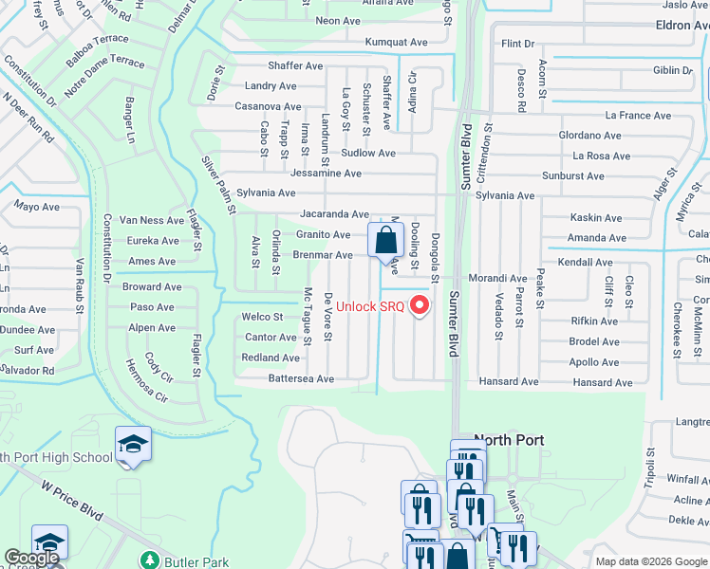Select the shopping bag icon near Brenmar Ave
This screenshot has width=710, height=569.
386,241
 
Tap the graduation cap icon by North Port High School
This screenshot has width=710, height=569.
133,444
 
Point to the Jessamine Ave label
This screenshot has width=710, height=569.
325,174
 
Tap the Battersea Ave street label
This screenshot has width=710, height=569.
302,378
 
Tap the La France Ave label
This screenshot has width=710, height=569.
638,116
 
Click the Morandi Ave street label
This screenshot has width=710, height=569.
500,279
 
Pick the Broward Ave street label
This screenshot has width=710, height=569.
153,286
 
